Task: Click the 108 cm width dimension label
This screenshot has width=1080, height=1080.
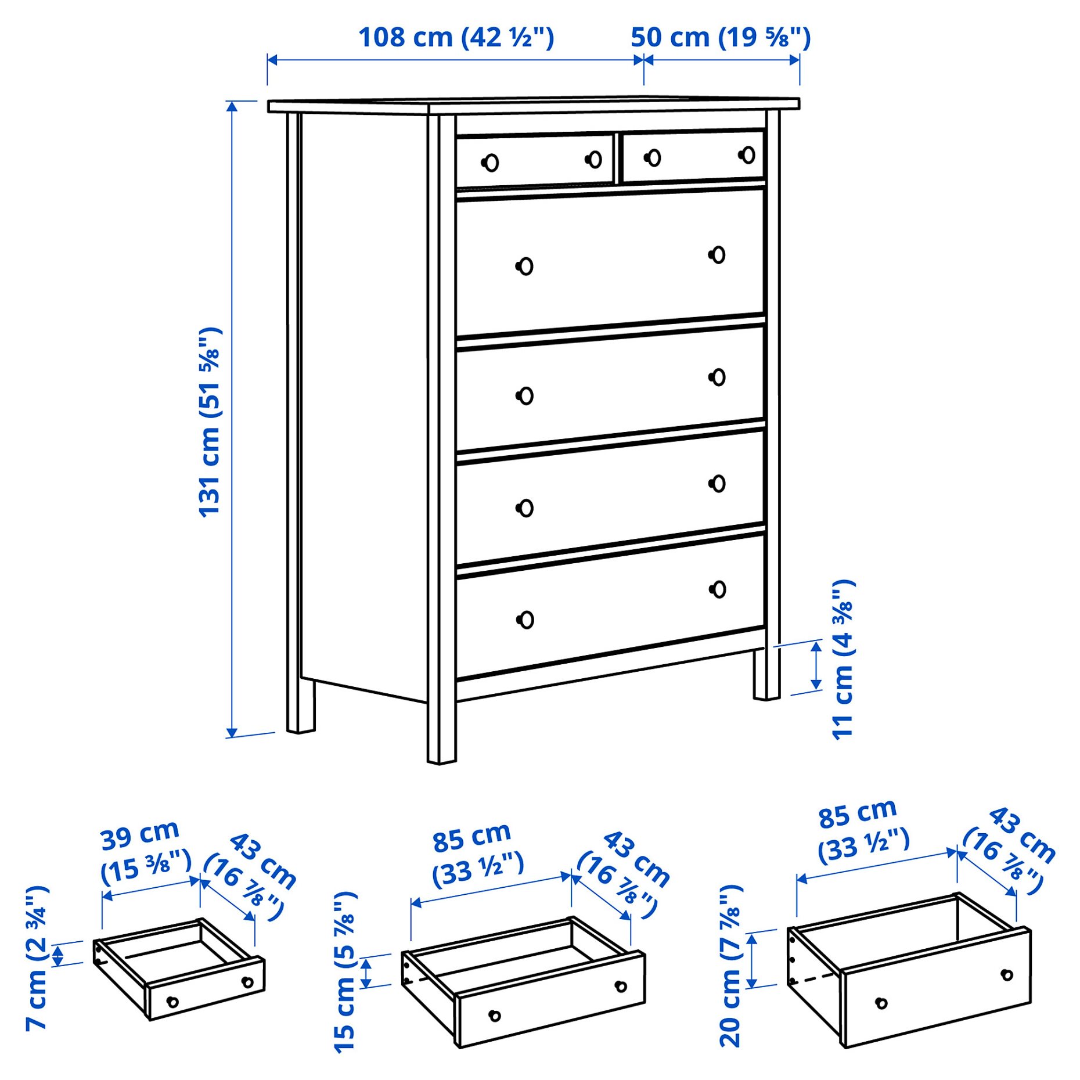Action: point(456,38)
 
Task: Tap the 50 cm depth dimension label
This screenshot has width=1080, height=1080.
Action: point(720,38)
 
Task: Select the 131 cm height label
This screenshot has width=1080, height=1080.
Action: point(210,422)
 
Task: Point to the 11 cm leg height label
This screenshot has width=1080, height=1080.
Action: point(843,660)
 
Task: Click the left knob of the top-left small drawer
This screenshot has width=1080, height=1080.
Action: point(491,163)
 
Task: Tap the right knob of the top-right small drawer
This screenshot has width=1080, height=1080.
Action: point(747,155)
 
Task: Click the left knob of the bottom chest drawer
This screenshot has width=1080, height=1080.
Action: point(525,620)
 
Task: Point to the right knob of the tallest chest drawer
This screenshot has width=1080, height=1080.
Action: point(718,255)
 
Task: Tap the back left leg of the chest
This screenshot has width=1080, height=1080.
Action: point(301,705)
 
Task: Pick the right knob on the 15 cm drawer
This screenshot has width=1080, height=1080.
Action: point(621,986)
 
